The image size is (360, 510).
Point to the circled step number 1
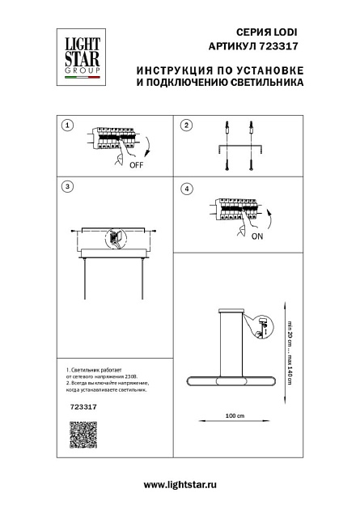[68, 125]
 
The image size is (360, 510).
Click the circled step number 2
[186, 125]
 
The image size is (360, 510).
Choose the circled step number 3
[68, 187]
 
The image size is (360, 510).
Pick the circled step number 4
[186, 189]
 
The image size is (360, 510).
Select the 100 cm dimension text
[235, 416]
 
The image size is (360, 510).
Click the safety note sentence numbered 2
[105, 387]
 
